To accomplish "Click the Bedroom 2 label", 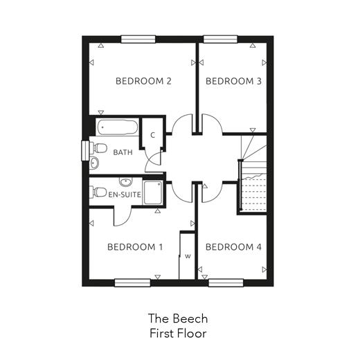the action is pos(143,81).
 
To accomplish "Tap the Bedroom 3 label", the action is pos(233,81).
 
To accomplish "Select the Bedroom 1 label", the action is pos(135,247).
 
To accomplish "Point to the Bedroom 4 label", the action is pos(233,247).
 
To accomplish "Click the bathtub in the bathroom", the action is pos(118,127).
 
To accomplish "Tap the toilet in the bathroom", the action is pos(98,148).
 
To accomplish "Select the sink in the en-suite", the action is pos(126,182).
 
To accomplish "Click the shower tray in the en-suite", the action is pos(152,192).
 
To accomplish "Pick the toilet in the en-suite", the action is pos(98,192).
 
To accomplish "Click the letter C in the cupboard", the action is pos(152,135).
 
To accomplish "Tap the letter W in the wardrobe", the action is pos(188,256).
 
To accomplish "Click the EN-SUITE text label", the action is pos(125,195).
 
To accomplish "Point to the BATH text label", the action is pos(123,152).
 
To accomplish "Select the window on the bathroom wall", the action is pos(86,150).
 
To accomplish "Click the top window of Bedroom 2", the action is pos(138,39).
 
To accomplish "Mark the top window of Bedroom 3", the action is pos(220,39).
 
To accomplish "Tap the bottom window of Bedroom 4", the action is pos(226,283).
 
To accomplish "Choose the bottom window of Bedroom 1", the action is pos(132,283).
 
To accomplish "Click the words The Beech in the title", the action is pos(178,318).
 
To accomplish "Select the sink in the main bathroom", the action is pos(94,163).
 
